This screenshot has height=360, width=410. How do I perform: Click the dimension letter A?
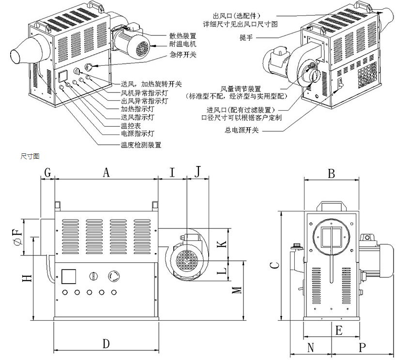tap(106, 173)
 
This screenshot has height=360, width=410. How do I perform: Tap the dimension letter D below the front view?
tap(106, 344)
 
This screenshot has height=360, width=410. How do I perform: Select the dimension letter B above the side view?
tap(331, 173)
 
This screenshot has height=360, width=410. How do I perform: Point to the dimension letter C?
tap(274, 266)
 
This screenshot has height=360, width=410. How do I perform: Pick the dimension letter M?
tap(237, 290)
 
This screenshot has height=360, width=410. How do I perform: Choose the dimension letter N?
tap(310, 348)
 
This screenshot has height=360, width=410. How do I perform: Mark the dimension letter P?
tap(362, 348)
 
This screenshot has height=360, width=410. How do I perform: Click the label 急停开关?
tap(183, 55)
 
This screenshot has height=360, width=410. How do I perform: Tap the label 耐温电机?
tap(183, 44)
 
